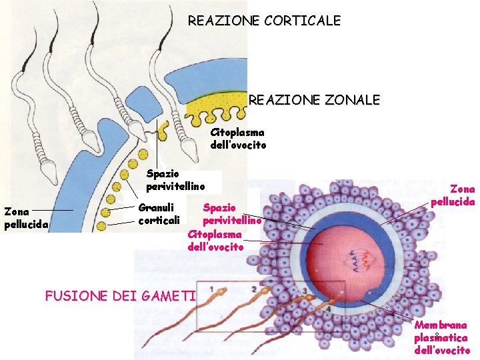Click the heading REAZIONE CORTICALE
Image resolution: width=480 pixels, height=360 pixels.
[x=264, y=21]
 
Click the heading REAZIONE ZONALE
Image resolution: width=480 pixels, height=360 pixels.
[x=314, y=101]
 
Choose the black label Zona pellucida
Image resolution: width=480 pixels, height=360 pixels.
[x=25, y=218]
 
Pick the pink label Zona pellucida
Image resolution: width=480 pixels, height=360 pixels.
[x=453, y=195]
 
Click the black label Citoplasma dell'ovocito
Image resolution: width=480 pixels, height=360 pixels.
[x=237, y=139]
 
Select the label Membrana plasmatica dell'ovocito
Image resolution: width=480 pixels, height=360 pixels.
[x=441, y=337]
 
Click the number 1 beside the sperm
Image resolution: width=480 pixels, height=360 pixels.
[x=211, y=289]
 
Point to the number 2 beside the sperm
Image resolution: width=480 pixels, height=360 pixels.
[x=254, y=289]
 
